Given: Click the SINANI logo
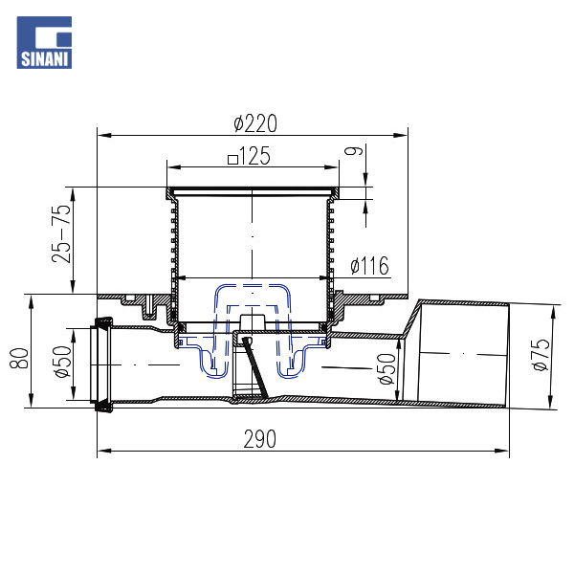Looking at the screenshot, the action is tap(44, 42).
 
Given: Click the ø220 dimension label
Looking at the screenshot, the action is tap(255, 123).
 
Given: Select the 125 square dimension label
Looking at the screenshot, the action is tap(249, 156).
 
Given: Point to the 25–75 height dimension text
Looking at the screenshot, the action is tap(61, 233).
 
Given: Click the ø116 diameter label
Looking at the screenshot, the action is tap(369, 265).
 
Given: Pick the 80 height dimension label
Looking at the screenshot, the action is tap(19, 358).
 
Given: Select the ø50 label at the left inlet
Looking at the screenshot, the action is tap(62, 362).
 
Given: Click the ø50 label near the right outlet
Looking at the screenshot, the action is tap(387, 368).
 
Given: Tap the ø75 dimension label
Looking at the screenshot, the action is tap(541, 355).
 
